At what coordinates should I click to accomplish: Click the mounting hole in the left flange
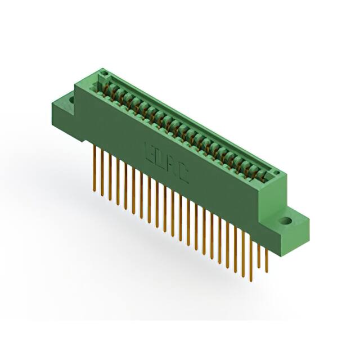[71, 101]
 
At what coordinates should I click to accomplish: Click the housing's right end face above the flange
[276, 194]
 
